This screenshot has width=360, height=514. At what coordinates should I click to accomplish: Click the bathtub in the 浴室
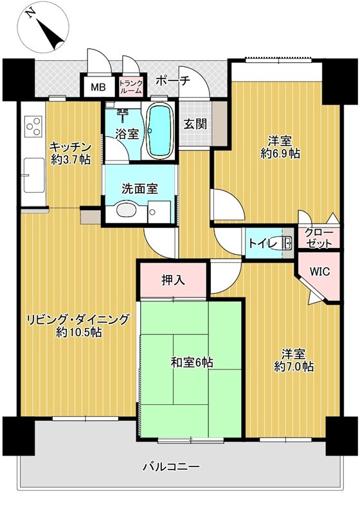[x=158, y=130]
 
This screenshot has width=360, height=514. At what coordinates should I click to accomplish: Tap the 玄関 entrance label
[x=195, y=124]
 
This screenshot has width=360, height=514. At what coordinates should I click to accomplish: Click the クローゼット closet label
[x=319, y=238]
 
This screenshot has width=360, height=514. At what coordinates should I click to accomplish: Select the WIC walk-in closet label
[x=319, y=271]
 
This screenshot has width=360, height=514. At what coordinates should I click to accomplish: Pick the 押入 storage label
[x=173, y=280]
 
